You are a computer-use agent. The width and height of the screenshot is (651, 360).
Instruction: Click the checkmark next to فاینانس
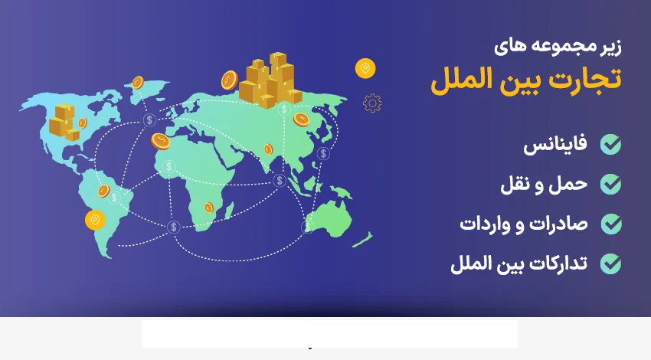(x=610, y=145)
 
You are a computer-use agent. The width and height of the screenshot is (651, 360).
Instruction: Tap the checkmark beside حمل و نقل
(x=610, y=184)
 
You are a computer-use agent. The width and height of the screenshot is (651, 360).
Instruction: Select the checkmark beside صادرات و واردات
(x=610, y=224)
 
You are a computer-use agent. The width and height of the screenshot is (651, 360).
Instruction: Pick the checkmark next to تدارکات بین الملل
(x=610, y=264)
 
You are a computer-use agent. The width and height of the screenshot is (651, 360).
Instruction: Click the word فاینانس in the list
(x=555, y=145)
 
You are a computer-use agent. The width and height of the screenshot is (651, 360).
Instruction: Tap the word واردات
(x=488, y=224)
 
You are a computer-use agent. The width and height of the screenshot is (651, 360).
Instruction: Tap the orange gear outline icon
(x=372, y=103)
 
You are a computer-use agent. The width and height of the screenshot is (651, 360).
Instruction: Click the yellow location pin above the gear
(x=365, y=69)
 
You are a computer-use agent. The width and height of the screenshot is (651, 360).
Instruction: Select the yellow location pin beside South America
(x=95, y=220)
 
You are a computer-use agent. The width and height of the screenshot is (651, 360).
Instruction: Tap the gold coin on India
(x=268, y=149)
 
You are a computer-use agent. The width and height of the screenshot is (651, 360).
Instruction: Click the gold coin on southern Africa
(x=208, y=207)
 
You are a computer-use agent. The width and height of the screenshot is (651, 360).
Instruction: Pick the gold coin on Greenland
(x=138, y=82)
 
